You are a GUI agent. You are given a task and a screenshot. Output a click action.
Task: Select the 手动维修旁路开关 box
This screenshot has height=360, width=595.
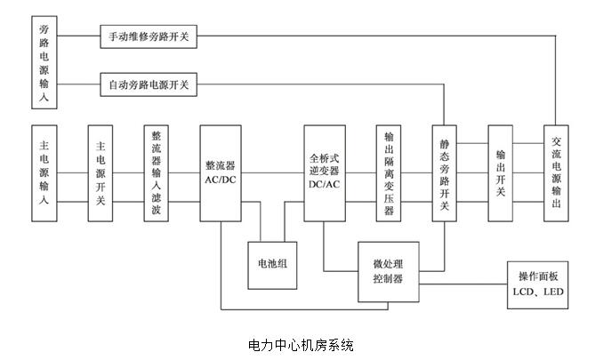click(148, 37)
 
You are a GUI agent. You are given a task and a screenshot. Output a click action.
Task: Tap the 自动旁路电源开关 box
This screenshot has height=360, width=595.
click(148, 86)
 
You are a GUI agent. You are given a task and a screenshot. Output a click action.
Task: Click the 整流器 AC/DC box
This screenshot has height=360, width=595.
click(220, 172)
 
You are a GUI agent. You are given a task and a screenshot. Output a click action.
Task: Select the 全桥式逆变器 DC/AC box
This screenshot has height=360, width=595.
click(325, 172)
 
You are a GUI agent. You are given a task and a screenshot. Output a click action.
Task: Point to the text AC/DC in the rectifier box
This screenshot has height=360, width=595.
click(220, 180)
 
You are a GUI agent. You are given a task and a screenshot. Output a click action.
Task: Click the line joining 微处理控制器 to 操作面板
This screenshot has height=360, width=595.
click(462, 284)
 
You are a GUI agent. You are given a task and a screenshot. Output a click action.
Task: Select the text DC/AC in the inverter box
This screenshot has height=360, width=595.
click(325, 184)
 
